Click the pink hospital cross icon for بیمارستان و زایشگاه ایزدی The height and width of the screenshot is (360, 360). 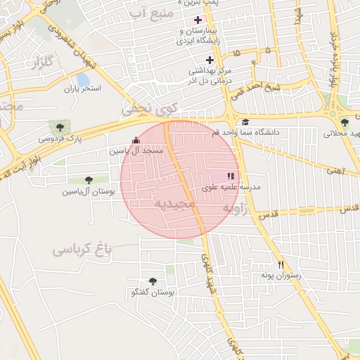198,20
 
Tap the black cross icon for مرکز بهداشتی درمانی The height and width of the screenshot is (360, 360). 210,60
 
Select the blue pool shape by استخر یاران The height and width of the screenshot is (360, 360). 83,80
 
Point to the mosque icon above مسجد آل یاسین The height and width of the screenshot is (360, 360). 136,141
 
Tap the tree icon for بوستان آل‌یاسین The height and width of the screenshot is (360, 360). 88,181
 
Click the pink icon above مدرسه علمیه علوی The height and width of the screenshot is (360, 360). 231,176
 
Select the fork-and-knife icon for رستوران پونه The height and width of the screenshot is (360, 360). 281,264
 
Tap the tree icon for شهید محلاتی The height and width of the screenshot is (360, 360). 344,122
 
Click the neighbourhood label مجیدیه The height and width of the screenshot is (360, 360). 172,203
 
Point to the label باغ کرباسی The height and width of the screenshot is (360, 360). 83,249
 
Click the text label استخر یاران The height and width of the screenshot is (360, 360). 83,89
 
